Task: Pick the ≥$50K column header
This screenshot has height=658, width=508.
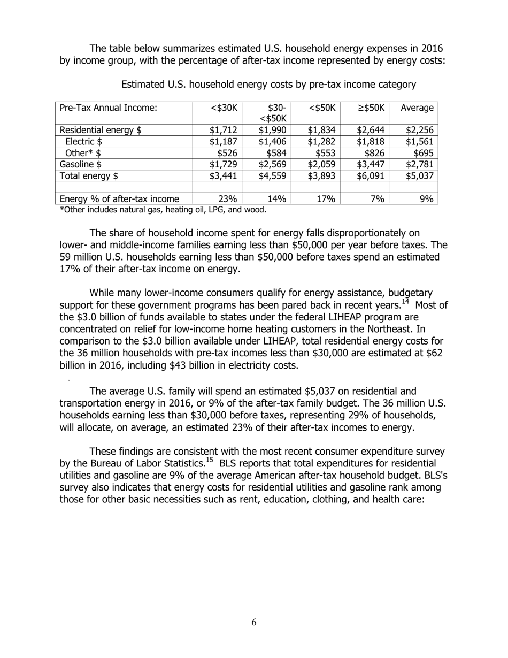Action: tap(371, 108)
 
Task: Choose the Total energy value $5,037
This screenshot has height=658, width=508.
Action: tap(419, 175)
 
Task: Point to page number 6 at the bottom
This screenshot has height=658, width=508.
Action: tap(253, 622)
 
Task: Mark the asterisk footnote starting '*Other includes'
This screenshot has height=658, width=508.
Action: tap(163, 210)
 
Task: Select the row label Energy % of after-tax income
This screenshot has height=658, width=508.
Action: tap(119, 199)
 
